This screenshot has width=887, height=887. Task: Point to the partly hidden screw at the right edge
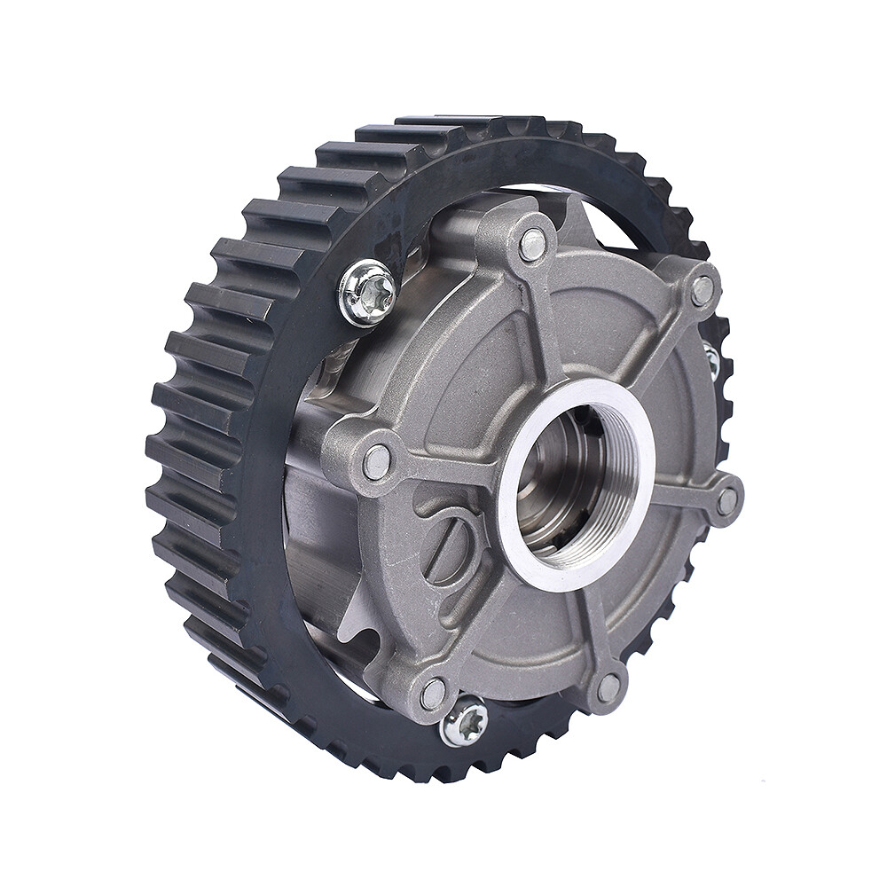coord(711,359)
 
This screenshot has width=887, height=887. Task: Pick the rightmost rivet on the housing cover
coord(727,500)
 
